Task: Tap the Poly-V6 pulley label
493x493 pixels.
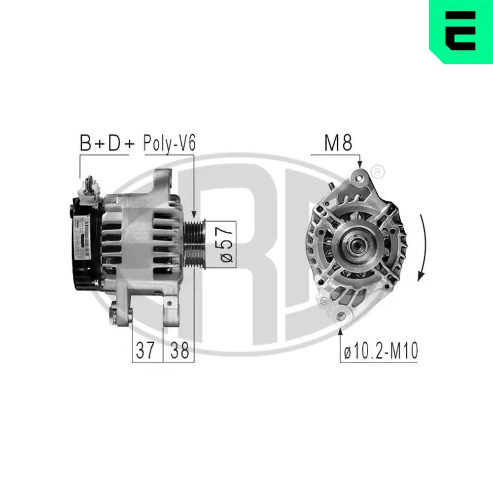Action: [x=169, y=143]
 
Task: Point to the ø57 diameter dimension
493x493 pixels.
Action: [x=227, y=244]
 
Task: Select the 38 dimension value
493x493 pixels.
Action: [x=178, y=351]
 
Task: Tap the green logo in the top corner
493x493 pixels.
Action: [x=460, y=32]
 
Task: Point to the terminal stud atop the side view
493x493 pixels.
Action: [x=90, y=184]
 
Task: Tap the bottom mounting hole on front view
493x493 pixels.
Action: [x=341, y=315]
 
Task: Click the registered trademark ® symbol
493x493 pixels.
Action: [x=377, y=172]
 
